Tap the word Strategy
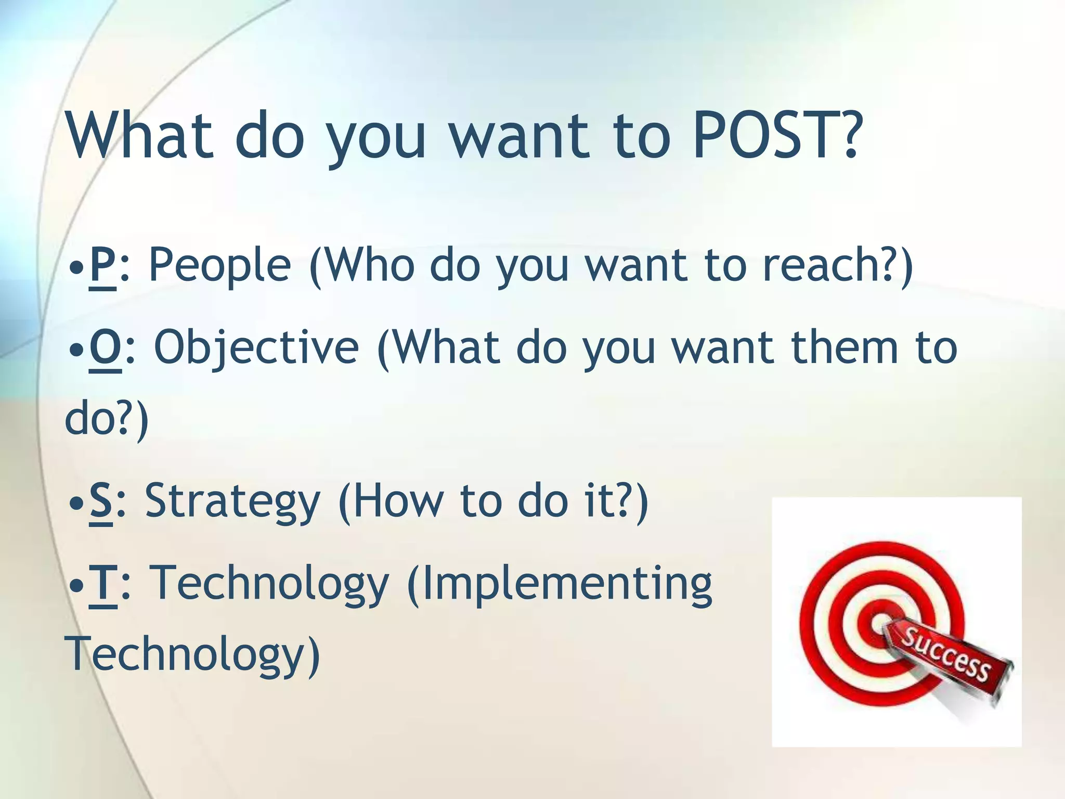point(232,502)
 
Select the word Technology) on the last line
point(192,654)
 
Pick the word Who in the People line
point(369,265)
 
